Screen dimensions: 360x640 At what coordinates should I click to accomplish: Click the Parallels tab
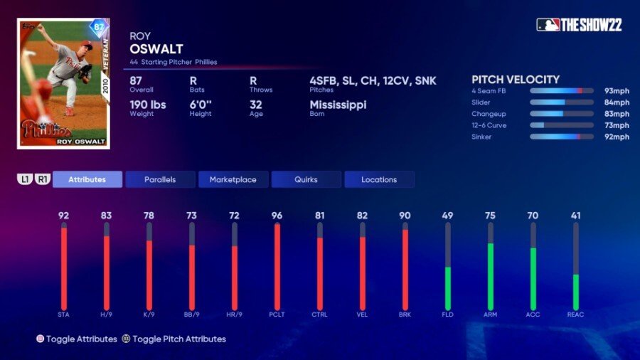(160, 179)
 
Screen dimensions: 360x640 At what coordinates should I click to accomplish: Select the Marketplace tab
(233, 179)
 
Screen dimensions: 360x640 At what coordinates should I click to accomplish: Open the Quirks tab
(306, 179)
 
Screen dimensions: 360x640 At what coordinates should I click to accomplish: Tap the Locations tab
(379, 179)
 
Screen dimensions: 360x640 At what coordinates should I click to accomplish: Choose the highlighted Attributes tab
(87, 179)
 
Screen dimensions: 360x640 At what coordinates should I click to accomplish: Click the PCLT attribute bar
(277, 267)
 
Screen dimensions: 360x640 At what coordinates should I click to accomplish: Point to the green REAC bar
(576, 292)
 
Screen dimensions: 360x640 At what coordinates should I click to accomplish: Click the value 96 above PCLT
(277, 215)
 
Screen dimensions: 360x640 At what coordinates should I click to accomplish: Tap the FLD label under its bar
(447, 314)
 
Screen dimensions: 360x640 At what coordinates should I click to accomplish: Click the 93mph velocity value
(617, 91)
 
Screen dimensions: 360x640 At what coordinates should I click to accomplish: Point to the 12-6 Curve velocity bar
(561, 125)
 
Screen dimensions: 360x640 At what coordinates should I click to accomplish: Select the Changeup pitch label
(486, 114)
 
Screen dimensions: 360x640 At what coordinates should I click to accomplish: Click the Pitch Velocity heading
(516, 80)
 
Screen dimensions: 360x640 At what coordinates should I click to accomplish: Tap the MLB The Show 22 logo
(579, 25)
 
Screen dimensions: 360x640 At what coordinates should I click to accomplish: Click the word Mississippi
(338, 105)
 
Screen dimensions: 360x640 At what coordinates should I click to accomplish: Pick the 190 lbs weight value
(148, 105)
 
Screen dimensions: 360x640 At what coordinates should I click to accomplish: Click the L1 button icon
(25, 179)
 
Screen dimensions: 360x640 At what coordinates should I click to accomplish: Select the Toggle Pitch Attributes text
(179, 339)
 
